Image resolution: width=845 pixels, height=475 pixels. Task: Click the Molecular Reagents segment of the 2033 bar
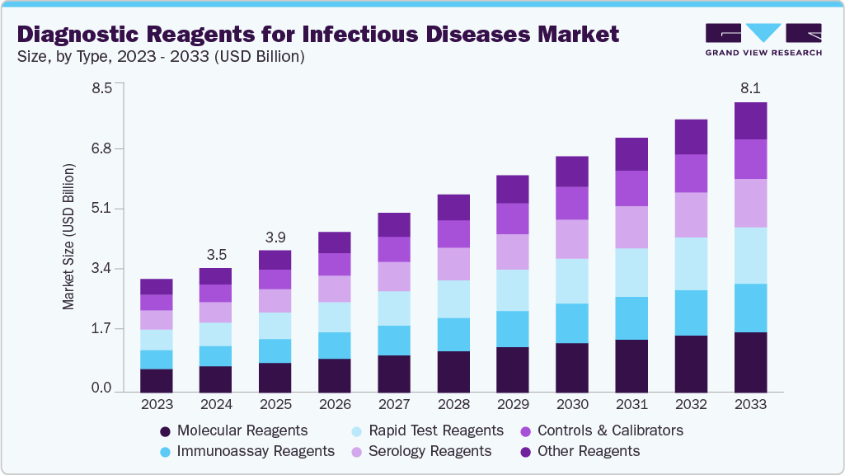(x=750, y=362)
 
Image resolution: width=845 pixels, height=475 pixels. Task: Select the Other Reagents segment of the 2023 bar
(x=157, y=287)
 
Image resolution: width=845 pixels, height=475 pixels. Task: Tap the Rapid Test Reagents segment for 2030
(x=572, y=281)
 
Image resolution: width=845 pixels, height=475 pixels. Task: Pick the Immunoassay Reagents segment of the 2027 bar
(x=394, y=341)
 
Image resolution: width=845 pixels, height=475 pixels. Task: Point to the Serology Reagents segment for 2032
(x=691, y=215)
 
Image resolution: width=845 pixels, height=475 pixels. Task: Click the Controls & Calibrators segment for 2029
(x=513, y=219)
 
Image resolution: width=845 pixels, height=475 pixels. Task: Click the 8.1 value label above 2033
(x=750, y=87)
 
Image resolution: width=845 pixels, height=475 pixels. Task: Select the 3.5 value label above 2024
(x=216, y=253)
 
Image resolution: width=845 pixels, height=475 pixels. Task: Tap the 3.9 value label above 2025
(x=275, y=236)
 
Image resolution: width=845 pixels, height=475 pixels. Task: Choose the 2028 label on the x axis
(x=453, y=405)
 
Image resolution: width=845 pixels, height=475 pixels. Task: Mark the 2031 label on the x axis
(x=631, y=405)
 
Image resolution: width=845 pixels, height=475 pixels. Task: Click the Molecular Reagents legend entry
(x=233, y=430)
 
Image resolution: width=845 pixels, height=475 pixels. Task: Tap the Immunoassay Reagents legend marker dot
(x=165, y=451)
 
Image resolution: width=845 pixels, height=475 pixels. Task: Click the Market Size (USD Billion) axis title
(x=68, y=237)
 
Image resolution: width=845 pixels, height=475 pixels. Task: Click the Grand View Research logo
(x=763, y=40)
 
